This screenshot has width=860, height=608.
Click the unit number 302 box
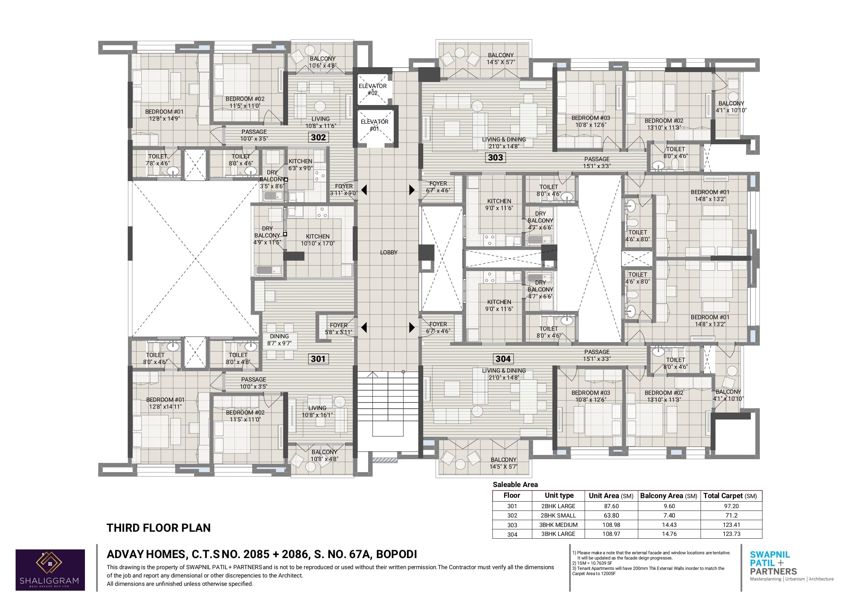point(318,138)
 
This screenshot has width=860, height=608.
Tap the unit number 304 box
point(503,359)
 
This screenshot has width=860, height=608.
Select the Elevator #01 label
point(375,125)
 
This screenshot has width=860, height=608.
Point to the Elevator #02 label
point(373,89)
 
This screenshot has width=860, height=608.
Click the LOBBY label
point(389,252)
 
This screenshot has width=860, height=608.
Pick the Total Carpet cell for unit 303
point(731,525)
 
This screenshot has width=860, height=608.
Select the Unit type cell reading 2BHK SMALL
point(558,515)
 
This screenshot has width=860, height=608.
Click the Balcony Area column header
point(669,496)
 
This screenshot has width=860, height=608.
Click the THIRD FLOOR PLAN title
point(158,528)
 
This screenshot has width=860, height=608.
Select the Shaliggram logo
point(50,570)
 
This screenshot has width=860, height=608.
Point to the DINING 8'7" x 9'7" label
point(279,340)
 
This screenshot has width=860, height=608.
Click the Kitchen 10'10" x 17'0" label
point(318,240)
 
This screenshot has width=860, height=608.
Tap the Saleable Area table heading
point(515,484)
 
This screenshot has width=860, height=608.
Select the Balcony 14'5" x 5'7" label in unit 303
point(501,59)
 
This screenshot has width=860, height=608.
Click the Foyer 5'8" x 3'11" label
point(339,329)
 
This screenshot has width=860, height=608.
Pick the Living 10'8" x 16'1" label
point(317,411)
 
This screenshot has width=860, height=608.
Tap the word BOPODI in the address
point(396,554)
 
